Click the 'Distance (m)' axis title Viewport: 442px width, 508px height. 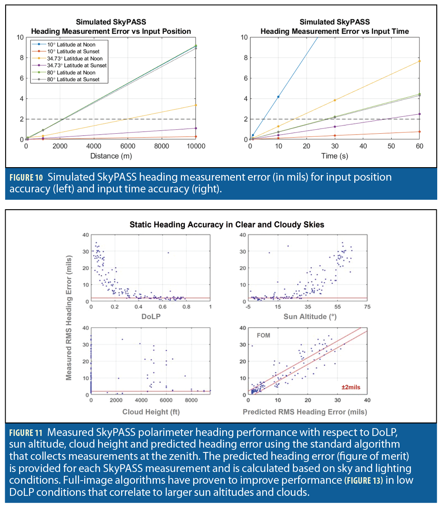pyautogui.click(x=111, y=156)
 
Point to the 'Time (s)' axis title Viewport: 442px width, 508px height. pyautogui.click(x=335, y=156)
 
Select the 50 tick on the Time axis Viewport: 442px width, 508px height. pyautogui.click(x=391, y=147)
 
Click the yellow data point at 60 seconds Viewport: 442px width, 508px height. pyautogui.click(x=419, y=61)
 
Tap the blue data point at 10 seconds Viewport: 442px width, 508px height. pyautogui.click(x=278, y=96)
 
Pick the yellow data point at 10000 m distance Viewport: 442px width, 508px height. pyautogui.click(x=196, y=105)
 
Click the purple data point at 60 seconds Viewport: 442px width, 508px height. pyautogui.click(x=419, y=114)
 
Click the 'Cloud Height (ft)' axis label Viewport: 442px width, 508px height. pyautogui.click(x=151, y=411)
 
